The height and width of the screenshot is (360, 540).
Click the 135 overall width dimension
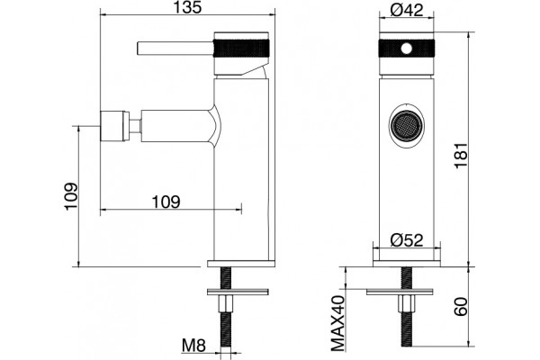point(187,7)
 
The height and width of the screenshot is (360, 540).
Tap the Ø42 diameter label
point(407,10)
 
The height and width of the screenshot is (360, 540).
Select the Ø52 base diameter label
point(407,239)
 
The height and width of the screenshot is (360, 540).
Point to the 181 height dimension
point(461,155)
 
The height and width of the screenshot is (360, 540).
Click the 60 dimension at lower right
point(461,306)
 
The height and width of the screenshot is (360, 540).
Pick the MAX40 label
point(337,323)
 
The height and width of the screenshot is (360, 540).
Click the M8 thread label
point(193,346)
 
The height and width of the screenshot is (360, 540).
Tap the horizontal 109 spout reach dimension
point(166,202)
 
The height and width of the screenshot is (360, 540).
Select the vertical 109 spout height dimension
point(71,196)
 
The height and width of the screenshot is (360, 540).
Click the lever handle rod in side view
point(175,49)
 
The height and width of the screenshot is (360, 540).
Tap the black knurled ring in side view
point(241,49)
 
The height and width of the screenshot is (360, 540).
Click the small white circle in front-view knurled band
point(407,49)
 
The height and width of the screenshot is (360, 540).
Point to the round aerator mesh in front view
point(407,126)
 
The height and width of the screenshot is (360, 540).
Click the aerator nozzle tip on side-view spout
point(114,126)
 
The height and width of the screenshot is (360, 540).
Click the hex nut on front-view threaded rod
point(407,304)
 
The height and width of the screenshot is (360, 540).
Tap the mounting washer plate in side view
point(238,292)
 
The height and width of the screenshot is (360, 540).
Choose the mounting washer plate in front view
point(400,292)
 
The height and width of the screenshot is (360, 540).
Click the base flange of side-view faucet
point(241,264)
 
